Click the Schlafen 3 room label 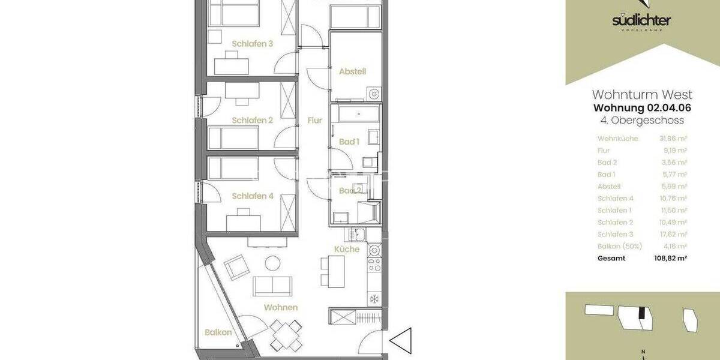[252, 43]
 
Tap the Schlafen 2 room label [252, 120]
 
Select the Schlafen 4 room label [252, 196]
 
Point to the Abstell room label [352, 71]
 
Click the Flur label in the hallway [314, 120]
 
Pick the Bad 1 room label [349, 142]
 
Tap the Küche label [347, 248]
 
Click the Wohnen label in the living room [281, 307]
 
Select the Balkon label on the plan [218, 332]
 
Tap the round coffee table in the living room [273, 263]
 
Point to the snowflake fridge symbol [373, 298]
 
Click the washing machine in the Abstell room [374, 93]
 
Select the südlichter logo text [641, 21]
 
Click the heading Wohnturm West [642, 95]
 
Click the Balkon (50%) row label [620, 246]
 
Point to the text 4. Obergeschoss [642, 121]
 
